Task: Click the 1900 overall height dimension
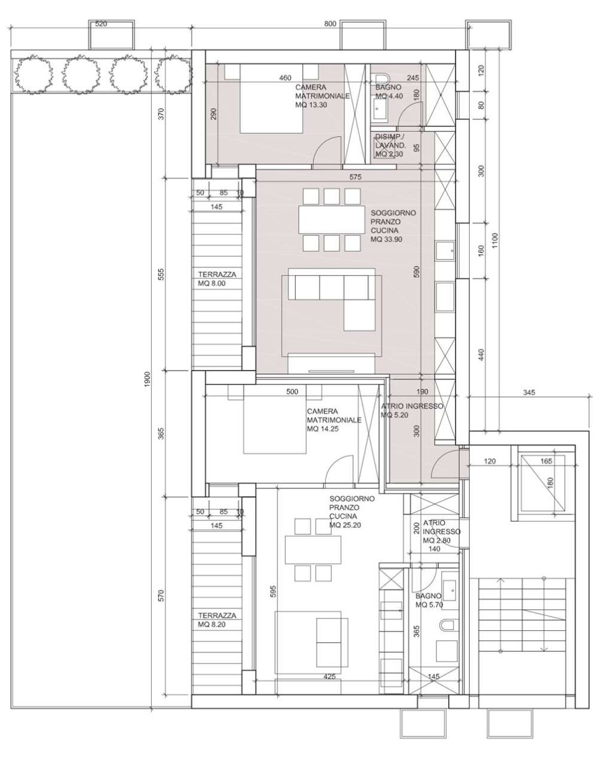point(147,380)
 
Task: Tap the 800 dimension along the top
point(330,24)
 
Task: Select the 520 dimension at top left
point(101,24)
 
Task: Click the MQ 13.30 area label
point(311,105)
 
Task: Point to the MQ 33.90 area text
point(386,239)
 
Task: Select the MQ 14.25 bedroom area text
point(323,429)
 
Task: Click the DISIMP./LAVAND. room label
point(391,141)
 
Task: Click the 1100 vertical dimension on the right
point(495,240)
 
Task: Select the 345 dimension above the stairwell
point(529,392)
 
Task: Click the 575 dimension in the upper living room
point(356,177)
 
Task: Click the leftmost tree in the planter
point(33,74)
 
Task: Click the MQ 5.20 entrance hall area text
point(395,415)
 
